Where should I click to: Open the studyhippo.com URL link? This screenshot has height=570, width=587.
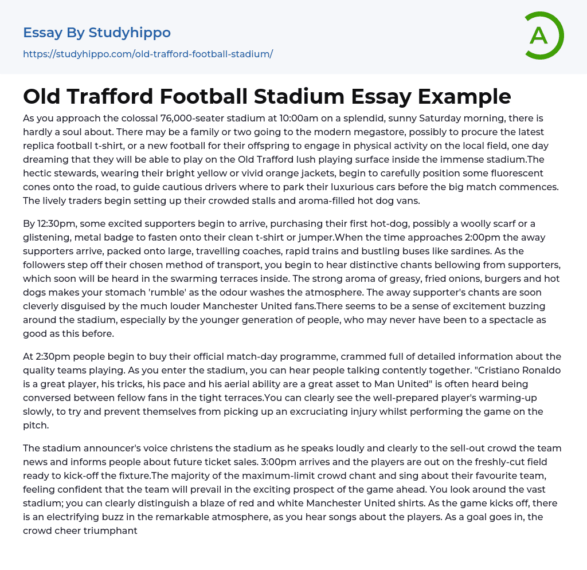pyautogui.click(x=148, y=54)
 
